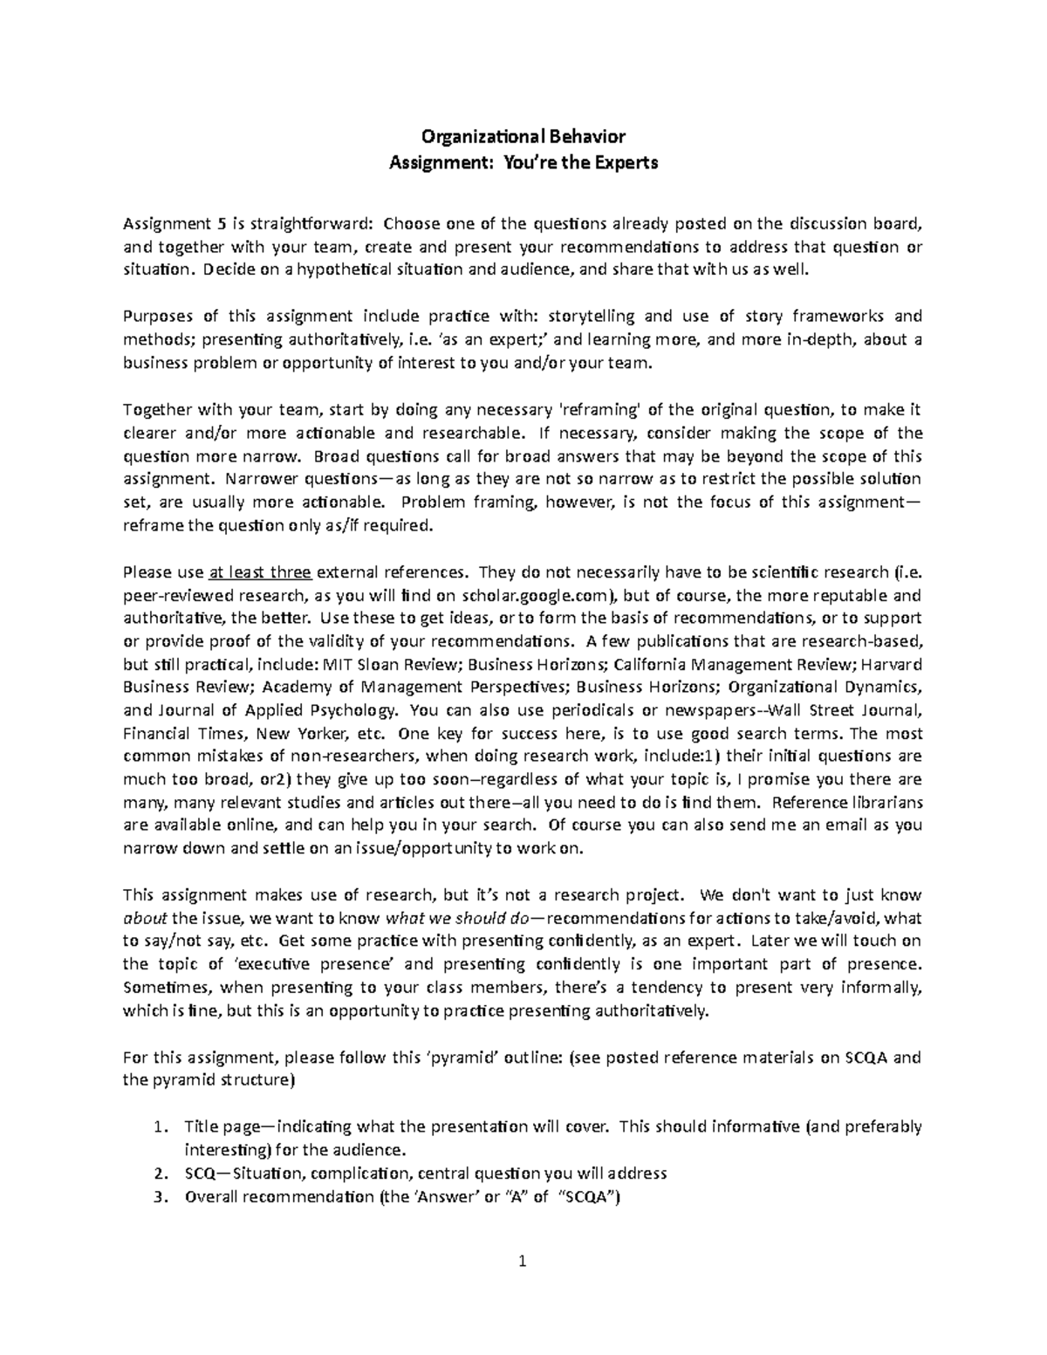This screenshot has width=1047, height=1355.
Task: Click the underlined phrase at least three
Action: click(260, 573)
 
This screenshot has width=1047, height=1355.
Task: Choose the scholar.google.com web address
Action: click(530, 596)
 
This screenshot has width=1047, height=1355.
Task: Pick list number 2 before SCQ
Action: click(159, 1173)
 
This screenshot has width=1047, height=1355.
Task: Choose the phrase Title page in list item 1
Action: click(217, 1126)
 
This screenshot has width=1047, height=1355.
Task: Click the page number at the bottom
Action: click(523, 1261)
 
